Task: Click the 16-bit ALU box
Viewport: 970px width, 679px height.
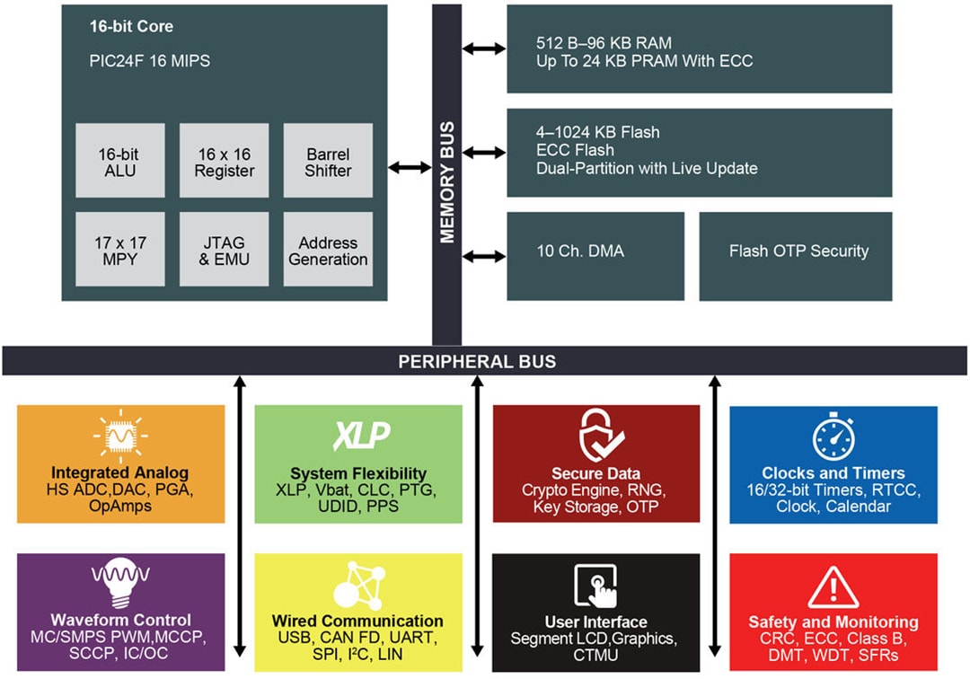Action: (x=120, y=162)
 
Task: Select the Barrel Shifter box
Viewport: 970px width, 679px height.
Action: (x=328, y=162)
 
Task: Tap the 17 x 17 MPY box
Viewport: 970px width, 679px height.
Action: (x=120, y=251)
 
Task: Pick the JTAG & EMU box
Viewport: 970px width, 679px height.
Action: (x=224, y=251)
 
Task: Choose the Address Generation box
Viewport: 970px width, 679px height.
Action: (x=328, y=251)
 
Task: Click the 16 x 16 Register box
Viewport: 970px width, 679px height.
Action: (x=224, y=162)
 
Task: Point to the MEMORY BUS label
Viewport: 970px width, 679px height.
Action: (x=446, y=181)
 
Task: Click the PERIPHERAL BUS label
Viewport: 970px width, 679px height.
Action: (x=477, y=362)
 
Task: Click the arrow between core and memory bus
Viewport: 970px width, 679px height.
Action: (x=410, y=167)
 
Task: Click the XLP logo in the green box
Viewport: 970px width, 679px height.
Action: (x=361, y=436)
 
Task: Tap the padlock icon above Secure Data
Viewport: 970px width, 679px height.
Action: (x=596, y=435)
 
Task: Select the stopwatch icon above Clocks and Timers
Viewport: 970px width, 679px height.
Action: (x=833, y=436)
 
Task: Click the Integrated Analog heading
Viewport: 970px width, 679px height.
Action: (x=120, y=473)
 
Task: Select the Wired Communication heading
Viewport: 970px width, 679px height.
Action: (x=357, y=621)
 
